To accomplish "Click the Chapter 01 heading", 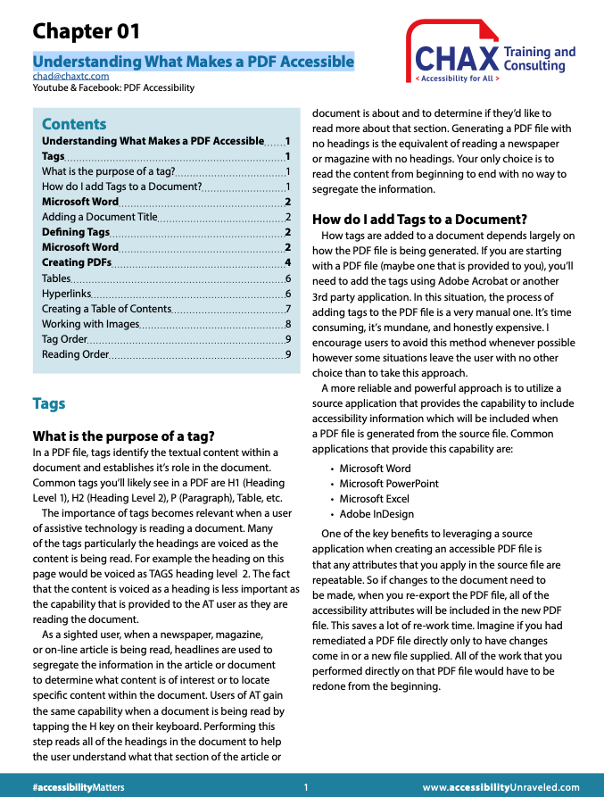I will [87, 31].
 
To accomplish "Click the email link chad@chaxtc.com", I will [70, 76].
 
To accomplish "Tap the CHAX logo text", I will [456, 60].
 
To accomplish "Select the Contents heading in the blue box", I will [74, 124].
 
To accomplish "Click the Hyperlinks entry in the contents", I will [66, 294].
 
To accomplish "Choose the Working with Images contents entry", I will [90, 324].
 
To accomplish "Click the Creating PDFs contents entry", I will [77, 262].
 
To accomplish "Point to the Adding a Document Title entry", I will [99, 217].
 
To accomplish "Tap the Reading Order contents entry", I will [75, 354].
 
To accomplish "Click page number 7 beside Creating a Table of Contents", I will [288, 309].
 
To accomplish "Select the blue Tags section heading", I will [49, 403].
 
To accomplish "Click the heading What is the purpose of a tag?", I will [123, 436].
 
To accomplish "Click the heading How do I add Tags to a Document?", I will [419, 220].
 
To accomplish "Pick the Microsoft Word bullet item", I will [375, 469].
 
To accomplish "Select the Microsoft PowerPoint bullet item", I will [389, 484].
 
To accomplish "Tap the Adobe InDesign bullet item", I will [376, 514].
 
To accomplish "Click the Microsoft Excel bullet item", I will [374, 499].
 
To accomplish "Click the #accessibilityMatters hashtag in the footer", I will [79, 787].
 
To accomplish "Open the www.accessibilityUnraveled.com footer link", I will [501, 787].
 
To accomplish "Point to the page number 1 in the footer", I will [305, 787].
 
